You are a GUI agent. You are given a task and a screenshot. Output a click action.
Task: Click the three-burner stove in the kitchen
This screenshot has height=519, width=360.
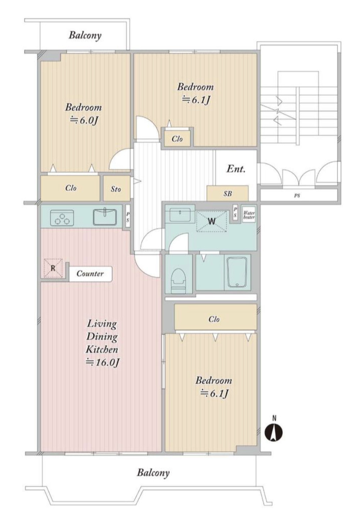[62, 218]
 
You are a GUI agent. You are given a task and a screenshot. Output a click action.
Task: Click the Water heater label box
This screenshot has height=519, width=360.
[249, 215]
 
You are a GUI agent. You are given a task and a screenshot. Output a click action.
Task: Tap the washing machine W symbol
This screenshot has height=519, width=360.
[212, 221]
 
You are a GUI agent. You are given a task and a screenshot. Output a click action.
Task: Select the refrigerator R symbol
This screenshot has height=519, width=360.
[53, 268]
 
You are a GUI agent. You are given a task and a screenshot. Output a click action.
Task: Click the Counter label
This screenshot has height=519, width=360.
[90, 274]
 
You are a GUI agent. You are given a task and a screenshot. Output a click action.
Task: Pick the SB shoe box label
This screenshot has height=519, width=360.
[228, 194]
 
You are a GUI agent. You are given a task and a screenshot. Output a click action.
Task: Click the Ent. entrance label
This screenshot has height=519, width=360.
[236, 169]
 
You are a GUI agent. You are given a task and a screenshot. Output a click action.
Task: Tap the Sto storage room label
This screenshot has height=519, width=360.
[116, 189]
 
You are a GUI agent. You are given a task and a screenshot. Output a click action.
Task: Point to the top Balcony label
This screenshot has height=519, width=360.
[85, 35]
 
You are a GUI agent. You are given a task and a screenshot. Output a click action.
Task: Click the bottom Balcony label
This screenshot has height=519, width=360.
[154, 472]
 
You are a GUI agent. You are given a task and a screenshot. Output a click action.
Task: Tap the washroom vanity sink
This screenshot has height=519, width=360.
[180, 215]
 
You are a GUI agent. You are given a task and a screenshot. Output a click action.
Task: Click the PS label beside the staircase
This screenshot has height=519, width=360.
[297, 196]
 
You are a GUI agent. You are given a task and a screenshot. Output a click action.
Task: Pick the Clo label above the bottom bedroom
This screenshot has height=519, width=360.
[214, 319]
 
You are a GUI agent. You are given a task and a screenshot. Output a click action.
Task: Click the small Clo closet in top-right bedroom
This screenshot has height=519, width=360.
[177, 139]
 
